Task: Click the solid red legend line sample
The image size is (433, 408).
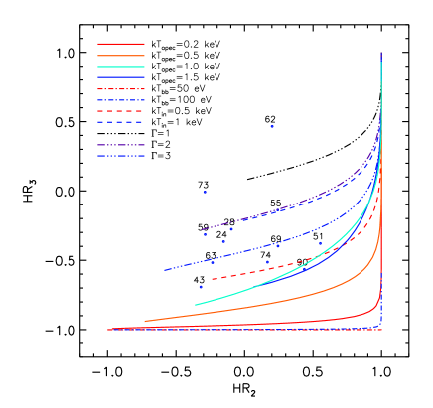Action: pyautogui.click(x=120, y=44)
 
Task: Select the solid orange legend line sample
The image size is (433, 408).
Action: pyautogui.click(x=120, y=56)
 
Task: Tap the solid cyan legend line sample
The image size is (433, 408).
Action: pyautogui.click(x=120, y=67)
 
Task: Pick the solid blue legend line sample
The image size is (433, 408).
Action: pyautogui.click(x=120, y=77)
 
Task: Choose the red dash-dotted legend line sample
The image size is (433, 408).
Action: pyautogui.click(x=120, y=89)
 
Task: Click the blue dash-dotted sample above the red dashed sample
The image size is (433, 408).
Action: pyautogui.click(x=120, y=100)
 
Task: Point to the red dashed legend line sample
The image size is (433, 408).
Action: pyautogui.click(x=120, y=111)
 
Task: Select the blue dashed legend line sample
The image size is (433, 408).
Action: pyautogui.click(x=120, y=122)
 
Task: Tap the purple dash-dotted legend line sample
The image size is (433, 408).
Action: pyautogui.click(x=120, y=145)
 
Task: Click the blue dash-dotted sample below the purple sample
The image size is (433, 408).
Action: pyautogui.click(x=120, y=156)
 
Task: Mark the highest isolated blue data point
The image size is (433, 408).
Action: pyautogui.click(x=271, y=126)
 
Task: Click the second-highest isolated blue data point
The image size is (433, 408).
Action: pyautogui.click(x=205, y=192)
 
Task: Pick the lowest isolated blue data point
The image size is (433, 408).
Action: pyautogui.click(x=200, y=287)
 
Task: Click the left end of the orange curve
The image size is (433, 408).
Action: pyautogui.click(x=145, y=321)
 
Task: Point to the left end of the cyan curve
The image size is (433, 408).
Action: pyautogui.click(x=196, y=304)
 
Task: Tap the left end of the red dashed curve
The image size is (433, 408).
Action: pyautogui.click(x=212, y=279)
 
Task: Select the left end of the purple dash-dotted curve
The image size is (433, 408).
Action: pyautogui.click(x=202, y=230)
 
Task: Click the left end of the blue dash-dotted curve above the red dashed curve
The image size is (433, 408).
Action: pyautogui.click(x=165, y=270)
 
